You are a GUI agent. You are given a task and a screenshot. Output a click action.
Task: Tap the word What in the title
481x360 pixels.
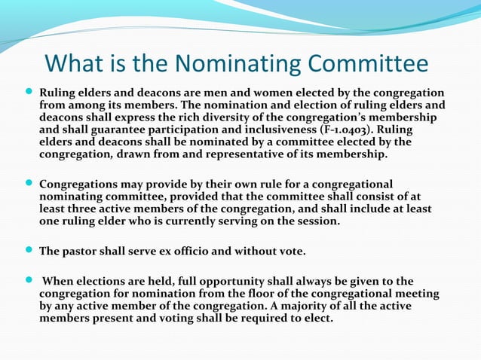click(75, 64)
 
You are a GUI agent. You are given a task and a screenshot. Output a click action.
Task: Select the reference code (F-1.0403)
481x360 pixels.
click(340, 130)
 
